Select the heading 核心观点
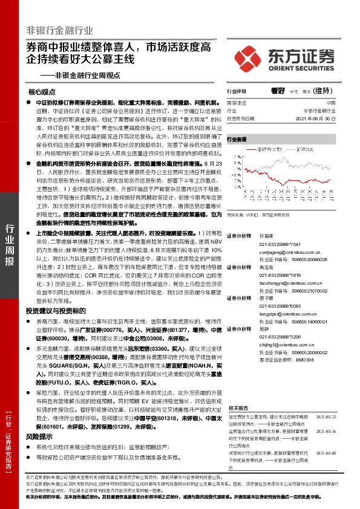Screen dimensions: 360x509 (42, 92)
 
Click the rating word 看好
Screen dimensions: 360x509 (278, 91)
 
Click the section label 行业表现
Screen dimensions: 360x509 (237, 139)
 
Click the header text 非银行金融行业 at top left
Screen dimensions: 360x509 (60, 30)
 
